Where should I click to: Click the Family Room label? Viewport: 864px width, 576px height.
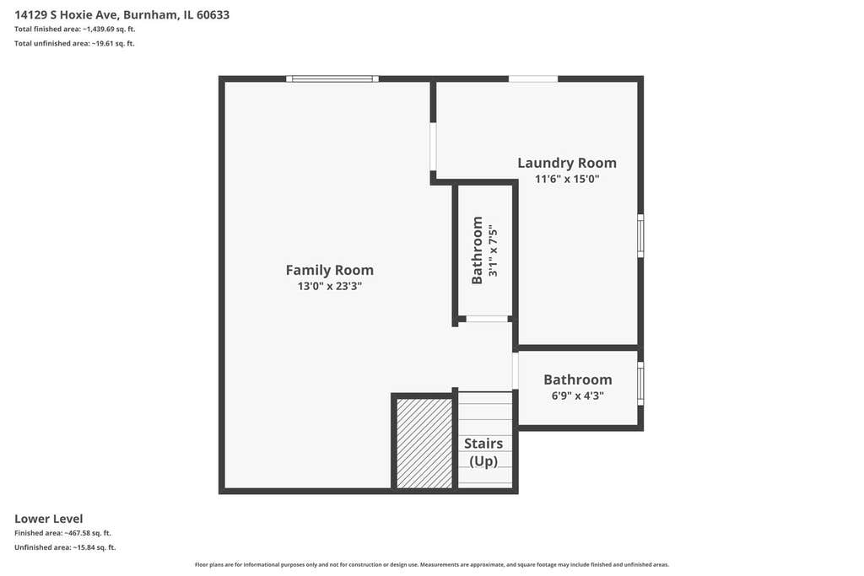point(330,270)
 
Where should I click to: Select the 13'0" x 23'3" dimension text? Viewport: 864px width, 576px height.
point(330,286)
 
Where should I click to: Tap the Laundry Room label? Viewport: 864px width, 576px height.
point(567,163)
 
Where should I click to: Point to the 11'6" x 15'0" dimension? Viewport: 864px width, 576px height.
point(567,179)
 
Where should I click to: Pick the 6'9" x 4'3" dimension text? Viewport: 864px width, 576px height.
point(577,396)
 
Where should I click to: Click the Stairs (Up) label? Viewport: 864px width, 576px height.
point(483,452)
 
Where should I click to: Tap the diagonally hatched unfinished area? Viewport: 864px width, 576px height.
point(425,444)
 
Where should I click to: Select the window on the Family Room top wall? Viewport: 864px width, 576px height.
point(332,78)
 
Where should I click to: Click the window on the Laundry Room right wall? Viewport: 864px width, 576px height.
point(641,235)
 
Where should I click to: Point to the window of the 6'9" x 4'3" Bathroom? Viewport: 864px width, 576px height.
point(641,383)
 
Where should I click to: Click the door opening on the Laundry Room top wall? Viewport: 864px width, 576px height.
point(533,78)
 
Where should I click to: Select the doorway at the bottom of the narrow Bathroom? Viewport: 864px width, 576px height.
point(487,319)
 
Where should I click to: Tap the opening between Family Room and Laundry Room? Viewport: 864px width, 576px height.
point(433,147)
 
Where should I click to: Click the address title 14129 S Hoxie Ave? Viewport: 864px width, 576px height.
point(121,15)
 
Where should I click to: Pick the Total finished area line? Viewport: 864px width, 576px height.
point(74,30)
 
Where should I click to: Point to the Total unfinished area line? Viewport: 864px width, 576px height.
point(74,44)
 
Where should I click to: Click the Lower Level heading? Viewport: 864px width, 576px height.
point(48,519)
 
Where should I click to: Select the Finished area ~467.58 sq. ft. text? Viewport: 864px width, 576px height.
point(62,533)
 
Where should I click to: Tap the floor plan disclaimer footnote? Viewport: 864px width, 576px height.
point(432,564)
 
